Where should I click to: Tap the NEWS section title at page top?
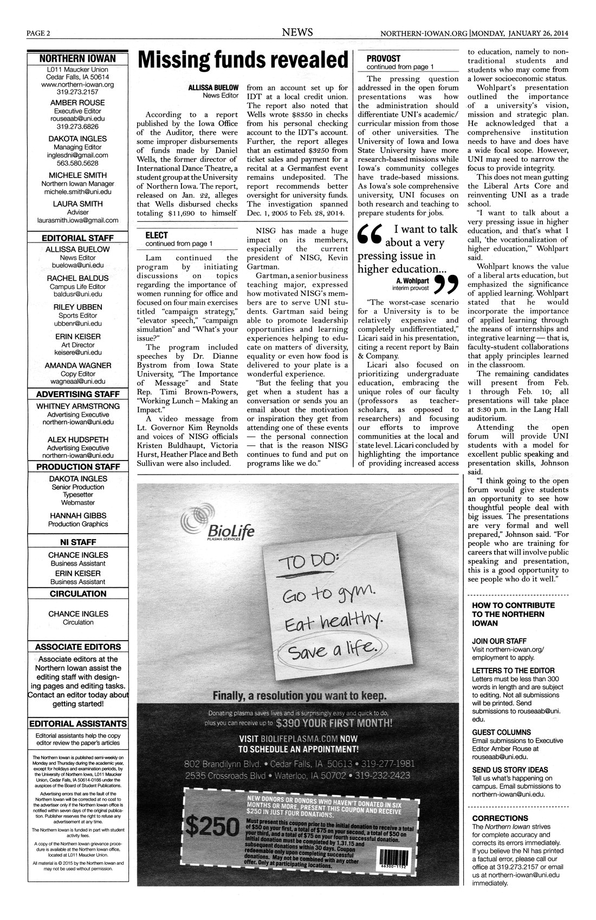click(x=297, y=32)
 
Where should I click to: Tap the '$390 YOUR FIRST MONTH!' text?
click(x=333, y=722)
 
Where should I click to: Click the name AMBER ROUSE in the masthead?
click(x=77, y=102)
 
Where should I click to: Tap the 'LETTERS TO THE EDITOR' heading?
click(x=513, y=670)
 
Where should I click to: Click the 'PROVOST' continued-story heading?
click(x=383, y=58)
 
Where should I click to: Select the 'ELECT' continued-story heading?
click(x=157, y=235)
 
